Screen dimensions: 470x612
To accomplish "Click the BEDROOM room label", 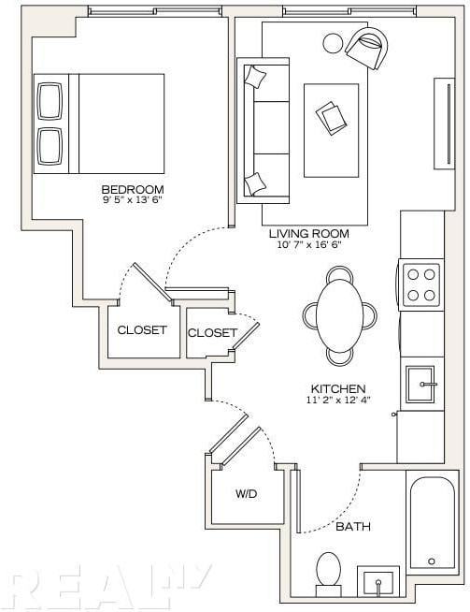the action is [x=133, y=190].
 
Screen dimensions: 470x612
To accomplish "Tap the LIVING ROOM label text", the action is [x=309, y=234].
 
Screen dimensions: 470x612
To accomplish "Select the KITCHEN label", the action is [x=338, y=388].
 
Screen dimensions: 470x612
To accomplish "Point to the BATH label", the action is [x=353, y=527].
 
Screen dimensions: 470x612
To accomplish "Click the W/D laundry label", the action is [x=247, y=494].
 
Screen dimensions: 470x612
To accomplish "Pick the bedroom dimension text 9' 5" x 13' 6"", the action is [x=132, y=200].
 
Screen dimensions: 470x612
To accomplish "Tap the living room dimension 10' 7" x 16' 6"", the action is [x=309, y=245].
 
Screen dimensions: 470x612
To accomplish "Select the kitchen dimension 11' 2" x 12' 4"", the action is [x=337, y=400].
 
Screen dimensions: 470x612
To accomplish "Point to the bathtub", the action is [x=433, y=521].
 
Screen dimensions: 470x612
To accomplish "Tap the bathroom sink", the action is [x=378, y=581].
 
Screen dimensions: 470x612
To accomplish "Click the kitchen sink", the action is [x=420, y=384].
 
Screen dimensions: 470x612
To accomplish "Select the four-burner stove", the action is [x=420, y=284].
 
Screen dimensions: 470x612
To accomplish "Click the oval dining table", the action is [x=340, y=316].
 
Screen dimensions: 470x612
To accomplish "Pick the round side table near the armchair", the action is [x=334, y=43].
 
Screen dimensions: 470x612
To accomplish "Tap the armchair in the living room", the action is [x=366, y=48].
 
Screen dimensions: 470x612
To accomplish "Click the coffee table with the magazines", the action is [x=332, y=130].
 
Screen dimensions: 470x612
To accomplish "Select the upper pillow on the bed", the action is [x=50, y=101].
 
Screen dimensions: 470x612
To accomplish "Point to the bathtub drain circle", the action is [x=432, y=561].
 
